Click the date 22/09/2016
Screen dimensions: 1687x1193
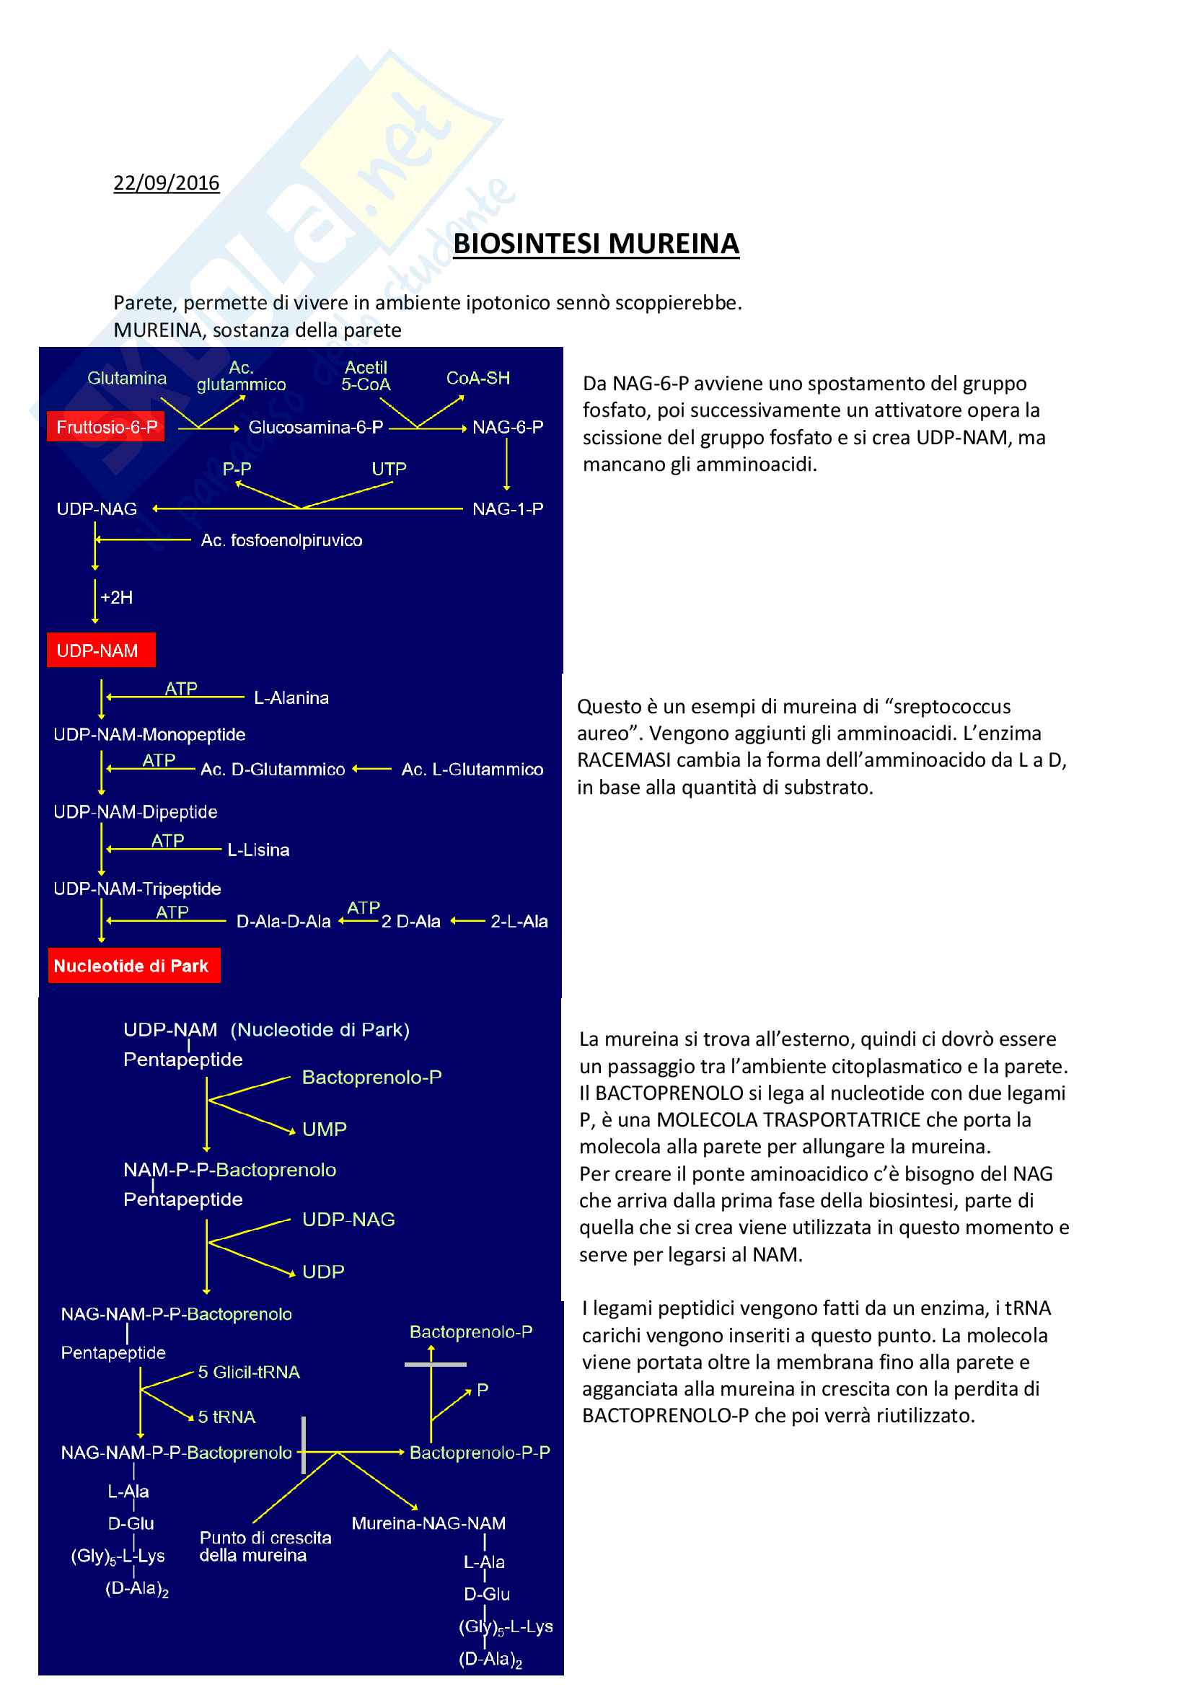(x=166, y=182)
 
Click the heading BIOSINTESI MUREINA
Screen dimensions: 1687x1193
(x=596, y=244)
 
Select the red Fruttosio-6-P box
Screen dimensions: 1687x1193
(x=106, y=427)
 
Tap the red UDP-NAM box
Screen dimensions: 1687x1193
(x=101, y=651)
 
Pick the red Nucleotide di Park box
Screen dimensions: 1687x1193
(x=133, y=966)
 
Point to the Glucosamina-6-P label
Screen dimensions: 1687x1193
(x=316, y=427)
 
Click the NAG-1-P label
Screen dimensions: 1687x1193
(x=508, y=508)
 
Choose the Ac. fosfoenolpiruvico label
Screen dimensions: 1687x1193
(x=281, y=540)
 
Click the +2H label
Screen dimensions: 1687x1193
(x=116, y=597)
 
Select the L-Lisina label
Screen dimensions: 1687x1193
(x=259, y=850)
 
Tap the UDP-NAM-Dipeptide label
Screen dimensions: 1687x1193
(x=136, y=812)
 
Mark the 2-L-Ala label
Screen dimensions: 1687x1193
(x=519, y=921)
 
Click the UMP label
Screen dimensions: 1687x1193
(x=324, y=1129)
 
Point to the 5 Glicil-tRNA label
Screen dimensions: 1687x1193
(x=249, y=1372)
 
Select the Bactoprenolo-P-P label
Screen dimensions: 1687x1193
(x=480, y=1453)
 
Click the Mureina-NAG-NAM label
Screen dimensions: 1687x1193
(x=428, y=1523)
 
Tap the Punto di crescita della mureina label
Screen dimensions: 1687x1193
(x=265, y=1546)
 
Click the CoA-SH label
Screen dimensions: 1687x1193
(x=477, y=378)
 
